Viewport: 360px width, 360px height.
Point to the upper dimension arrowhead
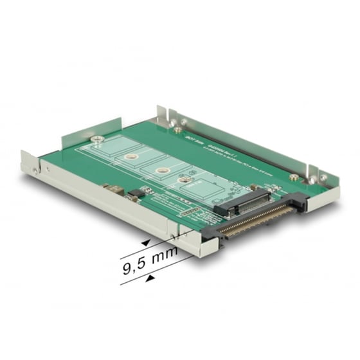click(146, 242)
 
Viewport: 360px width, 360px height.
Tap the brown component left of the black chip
click(114, 190)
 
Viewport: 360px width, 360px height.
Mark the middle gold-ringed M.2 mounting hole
click(160, 170)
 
